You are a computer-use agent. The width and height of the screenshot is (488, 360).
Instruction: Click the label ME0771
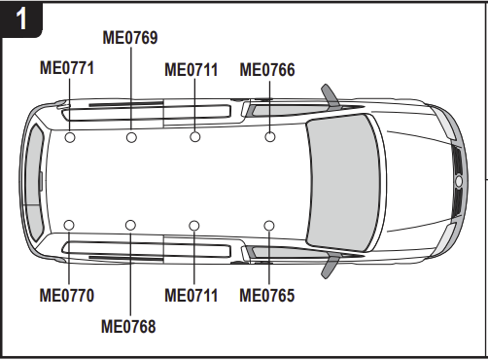pos(67,68)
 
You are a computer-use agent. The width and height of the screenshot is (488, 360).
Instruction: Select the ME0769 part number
pos(130,38)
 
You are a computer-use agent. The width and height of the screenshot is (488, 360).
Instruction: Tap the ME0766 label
pos(267,70)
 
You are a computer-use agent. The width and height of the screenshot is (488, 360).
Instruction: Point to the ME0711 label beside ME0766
pos(192,70)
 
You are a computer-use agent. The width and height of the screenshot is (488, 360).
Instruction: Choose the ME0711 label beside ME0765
pos(192,296)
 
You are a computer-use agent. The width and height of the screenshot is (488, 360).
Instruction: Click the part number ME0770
pos(67,296)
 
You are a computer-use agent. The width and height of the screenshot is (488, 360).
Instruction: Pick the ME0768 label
pos(128,326)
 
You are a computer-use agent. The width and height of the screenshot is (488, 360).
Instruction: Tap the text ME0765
pos(267,296)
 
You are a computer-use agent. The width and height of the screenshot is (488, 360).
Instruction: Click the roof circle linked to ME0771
pos(70,137)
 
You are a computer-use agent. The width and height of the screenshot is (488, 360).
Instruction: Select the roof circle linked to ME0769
pos(131,137)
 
